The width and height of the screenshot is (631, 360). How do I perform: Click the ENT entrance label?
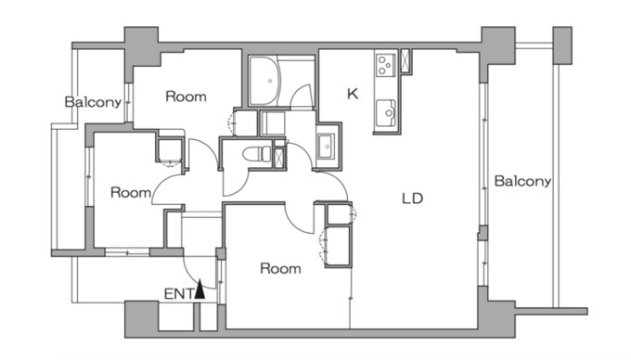click(179, 294)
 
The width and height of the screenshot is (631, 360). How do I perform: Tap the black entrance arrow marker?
click(200, 290)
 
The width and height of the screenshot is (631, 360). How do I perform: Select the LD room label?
click(413, 199)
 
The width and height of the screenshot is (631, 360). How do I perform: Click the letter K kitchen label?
click(353, 94)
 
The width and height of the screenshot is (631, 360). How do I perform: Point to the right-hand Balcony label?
click(522, 181)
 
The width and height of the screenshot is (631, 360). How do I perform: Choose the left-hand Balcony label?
click(93, 102)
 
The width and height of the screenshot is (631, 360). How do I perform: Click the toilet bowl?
click(257, 154)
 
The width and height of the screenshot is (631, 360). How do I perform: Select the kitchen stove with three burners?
click(385, 64)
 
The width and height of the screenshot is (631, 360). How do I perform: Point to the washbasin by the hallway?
click(325, 146)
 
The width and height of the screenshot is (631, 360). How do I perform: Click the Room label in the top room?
click(186, 96)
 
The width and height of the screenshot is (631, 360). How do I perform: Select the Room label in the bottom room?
click(280, 268)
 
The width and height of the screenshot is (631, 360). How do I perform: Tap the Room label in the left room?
click(131, 192)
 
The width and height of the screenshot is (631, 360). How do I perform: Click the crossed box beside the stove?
click(405, 60)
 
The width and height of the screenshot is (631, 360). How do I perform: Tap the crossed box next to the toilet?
click(278, 158)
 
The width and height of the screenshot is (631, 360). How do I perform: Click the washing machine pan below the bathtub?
click(273, 123)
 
